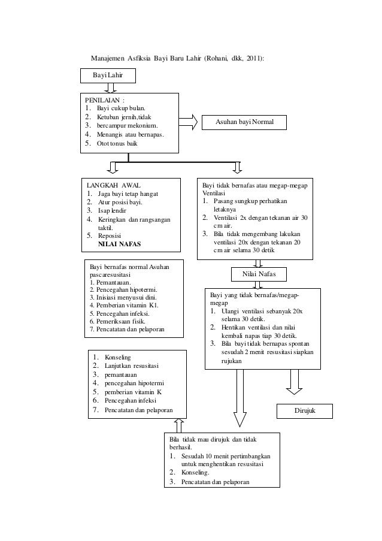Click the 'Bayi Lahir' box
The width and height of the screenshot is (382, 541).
click(108, 75)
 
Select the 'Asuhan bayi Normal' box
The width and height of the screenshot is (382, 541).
click(244, 122)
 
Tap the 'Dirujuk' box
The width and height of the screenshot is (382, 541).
click(305, 411)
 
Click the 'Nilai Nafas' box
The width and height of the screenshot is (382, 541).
click(259, 274)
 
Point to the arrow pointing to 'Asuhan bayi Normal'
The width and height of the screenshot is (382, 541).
click(188, 122)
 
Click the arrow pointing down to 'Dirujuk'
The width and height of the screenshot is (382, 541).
click(294, 382)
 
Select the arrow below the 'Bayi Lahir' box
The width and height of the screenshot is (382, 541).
click(110, 88)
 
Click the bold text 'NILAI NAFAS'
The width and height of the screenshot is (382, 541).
click(120, 244)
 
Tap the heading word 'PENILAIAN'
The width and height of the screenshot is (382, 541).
click(102, 101)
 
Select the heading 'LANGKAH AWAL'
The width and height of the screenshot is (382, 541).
click(113, 186)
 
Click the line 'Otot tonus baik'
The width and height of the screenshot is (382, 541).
click(117, 144)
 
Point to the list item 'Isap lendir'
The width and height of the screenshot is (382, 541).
click(112, 211)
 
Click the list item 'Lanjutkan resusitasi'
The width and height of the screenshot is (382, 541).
click(132, 366)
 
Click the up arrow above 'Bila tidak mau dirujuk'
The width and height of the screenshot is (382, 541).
click(179, 426)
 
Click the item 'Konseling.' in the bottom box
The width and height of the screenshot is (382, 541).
click(195, 473)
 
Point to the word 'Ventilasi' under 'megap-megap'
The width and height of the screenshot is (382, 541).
click(214, 193)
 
